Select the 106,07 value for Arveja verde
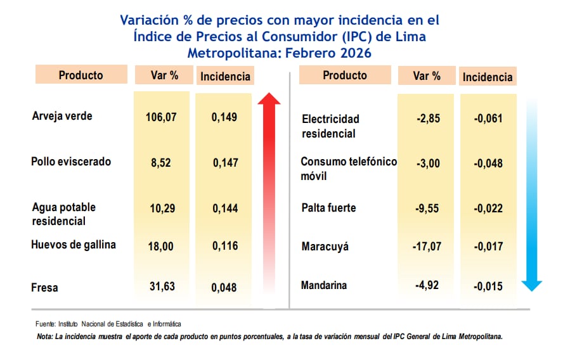click(162, 117)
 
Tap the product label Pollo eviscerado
click(71, 162)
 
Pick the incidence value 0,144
click(225, 209)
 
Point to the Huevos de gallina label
click(74, 245)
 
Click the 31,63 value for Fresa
click(162, 287)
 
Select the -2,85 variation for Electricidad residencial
click(426, 119)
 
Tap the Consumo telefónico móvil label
click(348, 168)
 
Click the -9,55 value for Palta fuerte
click(426, 208)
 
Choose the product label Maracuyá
click(325, 247)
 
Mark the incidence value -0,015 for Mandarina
click(488, 286)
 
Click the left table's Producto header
click(81, 75)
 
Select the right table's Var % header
click(427, 76)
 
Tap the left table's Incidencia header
click(225, 77)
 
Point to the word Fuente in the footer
click(46, 324)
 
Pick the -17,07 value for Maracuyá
click(426, 247)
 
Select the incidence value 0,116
click(225, 245)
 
